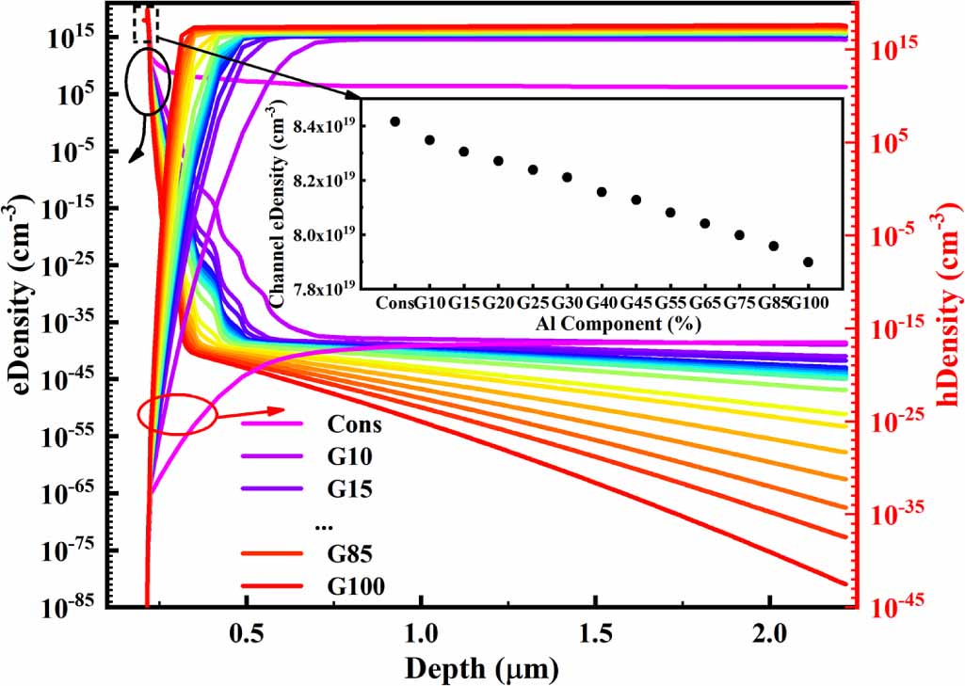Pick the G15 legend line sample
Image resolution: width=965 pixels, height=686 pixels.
(273, 489)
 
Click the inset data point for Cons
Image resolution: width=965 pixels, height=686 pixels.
(395, 121)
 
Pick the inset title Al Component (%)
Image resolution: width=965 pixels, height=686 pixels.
(607, 322)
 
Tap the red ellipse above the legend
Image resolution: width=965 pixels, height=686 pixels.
(177, 413)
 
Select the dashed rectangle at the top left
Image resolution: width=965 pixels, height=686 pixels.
(146, 23)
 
